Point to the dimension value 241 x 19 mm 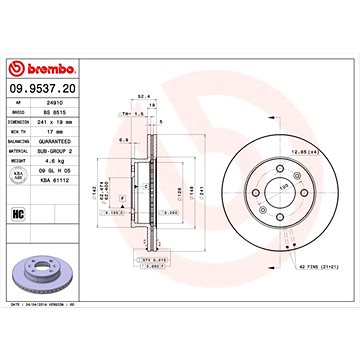point(63,120)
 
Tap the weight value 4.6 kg point(59,157)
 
